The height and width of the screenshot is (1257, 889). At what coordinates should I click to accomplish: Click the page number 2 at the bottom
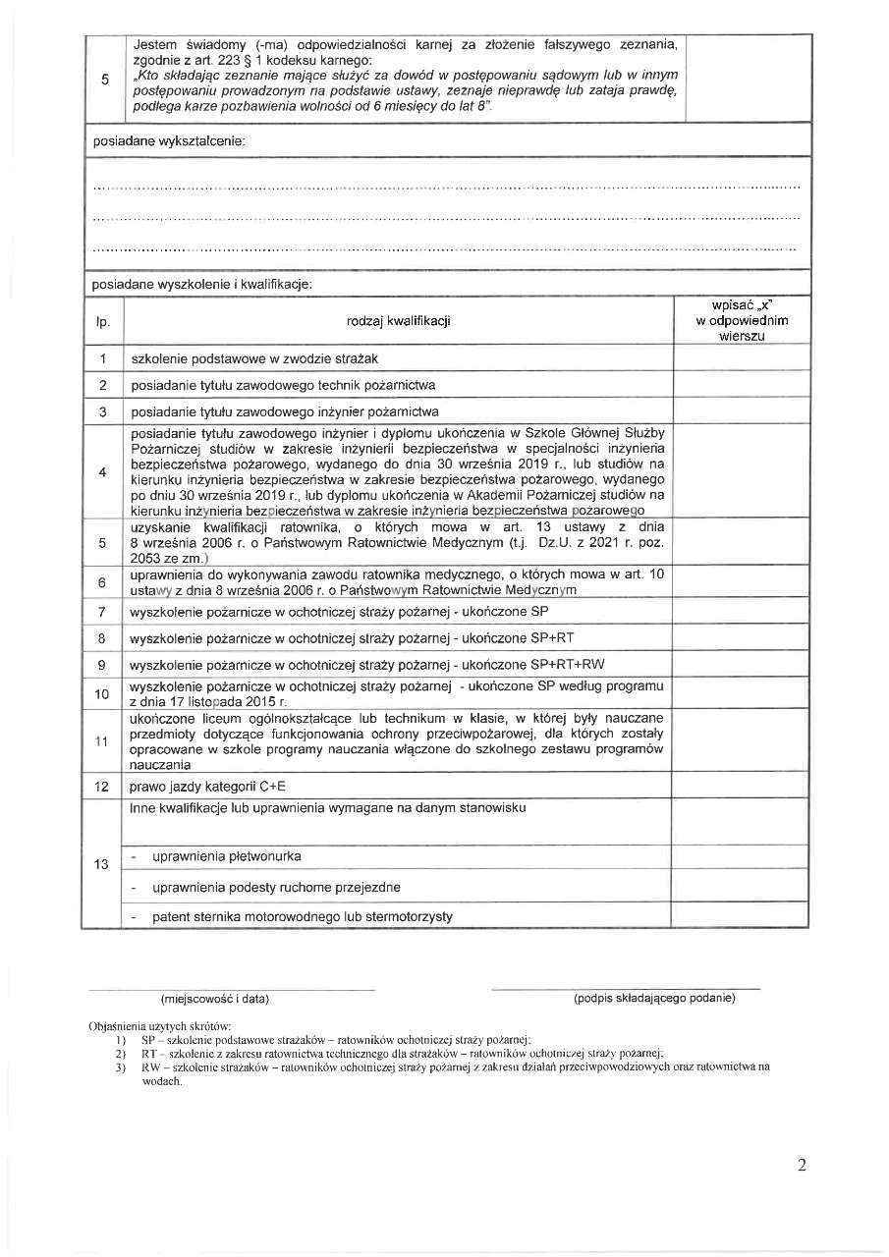tap(802, 1166)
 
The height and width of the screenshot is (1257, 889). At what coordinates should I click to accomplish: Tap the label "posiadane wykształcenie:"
tap(168, 140)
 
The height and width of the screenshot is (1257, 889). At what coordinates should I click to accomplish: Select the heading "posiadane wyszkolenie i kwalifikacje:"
tap(201, 284)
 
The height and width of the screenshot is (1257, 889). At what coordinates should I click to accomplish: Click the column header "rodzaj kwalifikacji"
tap(398, 320)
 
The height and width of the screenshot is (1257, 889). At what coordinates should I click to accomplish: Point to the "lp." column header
tap(103, 320)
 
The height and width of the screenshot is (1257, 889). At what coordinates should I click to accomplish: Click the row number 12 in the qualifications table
tap(102, 787)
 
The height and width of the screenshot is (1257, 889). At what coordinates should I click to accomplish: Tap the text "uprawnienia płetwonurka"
tap(226, 856)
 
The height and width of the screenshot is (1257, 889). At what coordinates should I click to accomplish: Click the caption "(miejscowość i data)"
tap(215, 999)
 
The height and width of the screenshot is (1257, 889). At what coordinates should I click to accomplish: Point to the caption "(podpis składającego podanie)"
tap(654, 999)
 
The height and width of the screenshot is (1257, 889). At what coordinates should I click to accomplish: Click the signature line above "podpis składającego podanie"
tap(625, 988)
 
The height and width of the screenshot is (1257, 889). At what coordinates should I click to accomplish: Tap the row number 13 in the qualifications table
tap(102, 864)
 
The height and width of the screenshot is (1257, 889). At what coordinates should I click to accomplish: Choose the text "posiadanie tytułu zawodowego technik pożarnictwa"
tap(283, 385)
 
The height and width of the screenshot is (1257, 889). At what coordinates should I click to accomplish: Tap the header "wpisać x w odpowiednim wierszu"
tap(742, 320)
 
